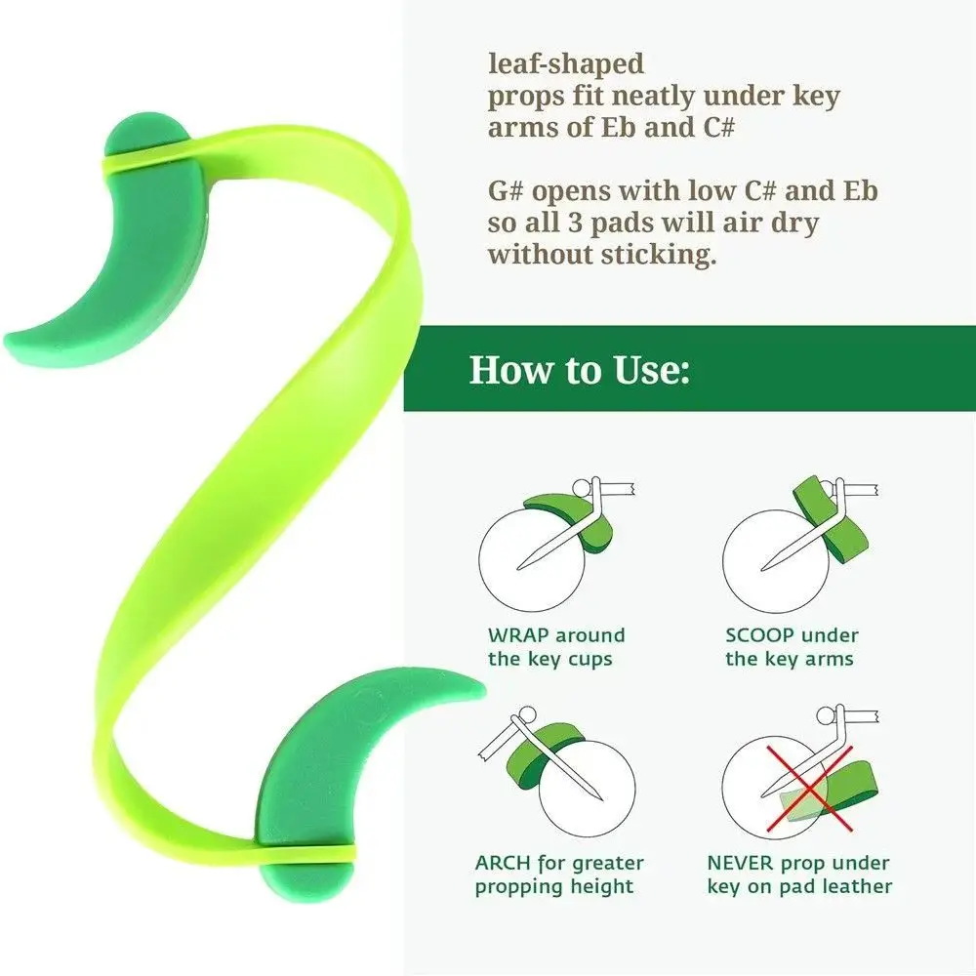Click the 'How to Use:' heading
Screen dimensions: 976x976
tap(580, 370)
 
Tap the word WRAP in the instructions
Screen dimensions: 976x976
tap(518, 635)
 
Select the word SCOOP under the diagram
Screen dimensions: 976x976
tap(755, 635)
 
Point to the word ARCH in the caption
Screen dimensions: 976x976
tap(504, 863)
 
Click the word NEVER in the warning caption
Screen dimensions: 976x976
tap(741, 863)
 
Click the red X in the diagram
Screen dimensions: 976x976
tap(808, 789)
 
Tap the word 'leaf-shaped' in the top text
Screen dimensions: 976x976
tap(566, 63)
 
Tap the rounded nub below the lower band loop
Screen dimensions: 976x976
tap(305, 880)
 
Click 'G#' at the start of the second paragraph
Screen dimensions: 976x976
tap(505, 191)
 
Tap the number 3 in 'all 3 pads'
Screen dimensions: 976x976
tap(576, 224)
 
